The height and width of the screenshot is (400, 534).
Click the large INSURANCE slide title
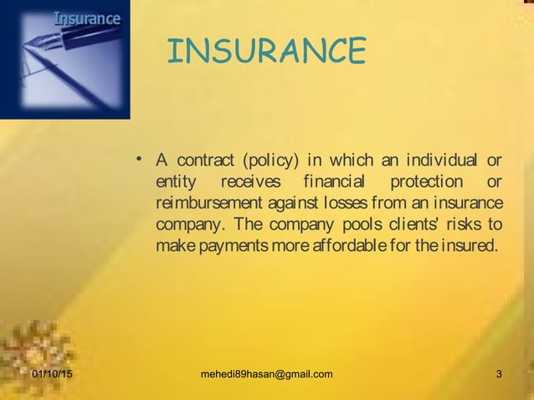266,51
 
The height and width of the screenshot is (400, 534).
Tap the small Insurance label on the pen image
87,18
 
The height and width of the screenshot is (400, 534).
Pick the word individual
440,161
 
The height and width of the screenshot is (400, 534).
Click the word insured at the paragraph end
474,248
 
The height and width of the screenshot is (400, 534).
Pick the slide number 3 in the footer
499,373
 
